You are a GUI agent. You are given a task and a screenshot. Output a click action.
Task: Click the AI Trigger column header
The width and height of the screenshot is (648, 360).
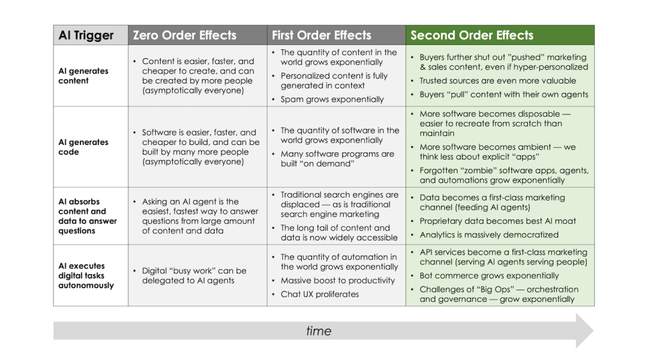point(86,35)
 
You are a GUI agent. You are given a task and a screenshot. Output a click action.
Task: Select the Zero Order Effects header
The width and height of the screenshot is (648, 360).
point(184,35)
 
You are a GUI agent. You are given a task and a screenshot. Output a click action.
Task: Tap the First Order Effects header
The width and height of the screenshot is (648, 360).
point(321,35)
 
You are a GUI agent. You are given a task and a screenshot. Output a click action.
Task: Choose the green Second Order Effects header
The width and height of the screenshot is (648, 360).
point(472,35)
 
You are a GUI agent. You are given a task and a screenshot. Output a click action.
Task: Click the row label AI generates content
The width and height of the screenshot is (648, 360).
point(83,76)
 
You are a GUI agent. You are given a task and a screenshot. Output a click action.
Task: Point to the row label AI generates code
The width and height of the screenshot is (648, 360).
point(83,147)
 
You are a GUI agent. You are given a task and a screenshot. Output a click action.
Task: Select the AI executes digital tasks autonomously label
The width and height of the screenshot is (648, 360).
point(86,275)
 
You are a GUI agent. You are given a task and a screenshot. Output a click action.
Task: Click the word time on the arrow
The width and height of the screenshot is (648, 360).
point(319,331)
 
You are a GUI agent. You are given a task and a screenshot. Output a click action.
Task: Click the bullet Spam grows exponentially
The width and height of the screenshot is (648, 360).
point(332,99)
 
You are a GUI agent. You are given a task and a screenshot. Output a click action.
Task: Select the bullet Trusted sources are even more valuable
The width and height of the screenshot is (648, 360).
point(497,80)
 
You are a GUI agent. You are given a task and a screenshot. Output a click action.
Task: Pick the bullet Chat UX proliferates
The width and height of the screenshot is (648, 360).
point(320,294)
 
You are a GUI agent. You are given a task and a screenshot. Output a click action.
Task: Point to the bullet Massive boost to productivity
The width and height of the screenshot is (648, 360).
point(338,280)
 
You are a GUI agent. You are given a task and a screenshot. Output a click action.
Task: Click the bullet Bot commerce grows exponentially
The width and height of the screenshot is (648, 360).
point(489,276)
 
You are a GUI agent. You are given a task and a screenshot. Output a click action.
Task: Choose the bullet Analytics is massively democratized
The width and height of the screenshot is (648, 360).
point(489,235)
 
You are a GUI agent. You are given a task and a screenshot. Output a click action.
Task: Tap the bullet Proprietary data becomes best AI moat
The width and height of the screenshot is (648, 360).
point(497,221)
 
